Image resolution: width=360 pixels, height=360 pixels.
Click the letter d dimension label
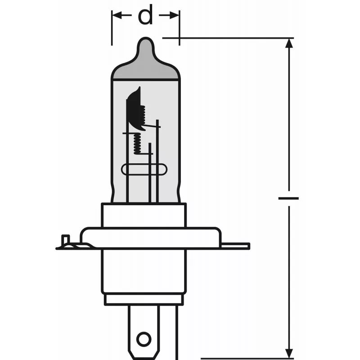pos(145,17)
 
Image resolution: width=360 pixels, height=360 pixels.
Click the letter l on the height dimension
pos(288,198)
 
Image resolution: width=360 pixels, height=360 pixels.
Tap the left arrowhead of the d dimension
pos(117,16)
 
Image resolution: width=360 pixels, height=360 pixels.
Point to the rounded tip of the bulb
pos(145,43)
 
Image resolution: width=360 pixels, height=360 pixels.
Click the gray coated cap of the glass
pos(145,67)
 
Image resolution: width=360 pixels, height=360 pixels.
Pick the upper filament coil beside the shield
pos(142,115)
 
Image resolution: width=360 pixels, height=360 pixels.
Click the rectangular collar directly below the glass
pos(144,215)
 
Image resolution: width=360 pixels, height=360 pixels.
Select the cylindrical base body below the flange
pos(144,270)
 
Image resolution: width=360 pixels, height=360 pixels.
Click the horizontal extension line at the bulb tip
pos(225,38)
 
